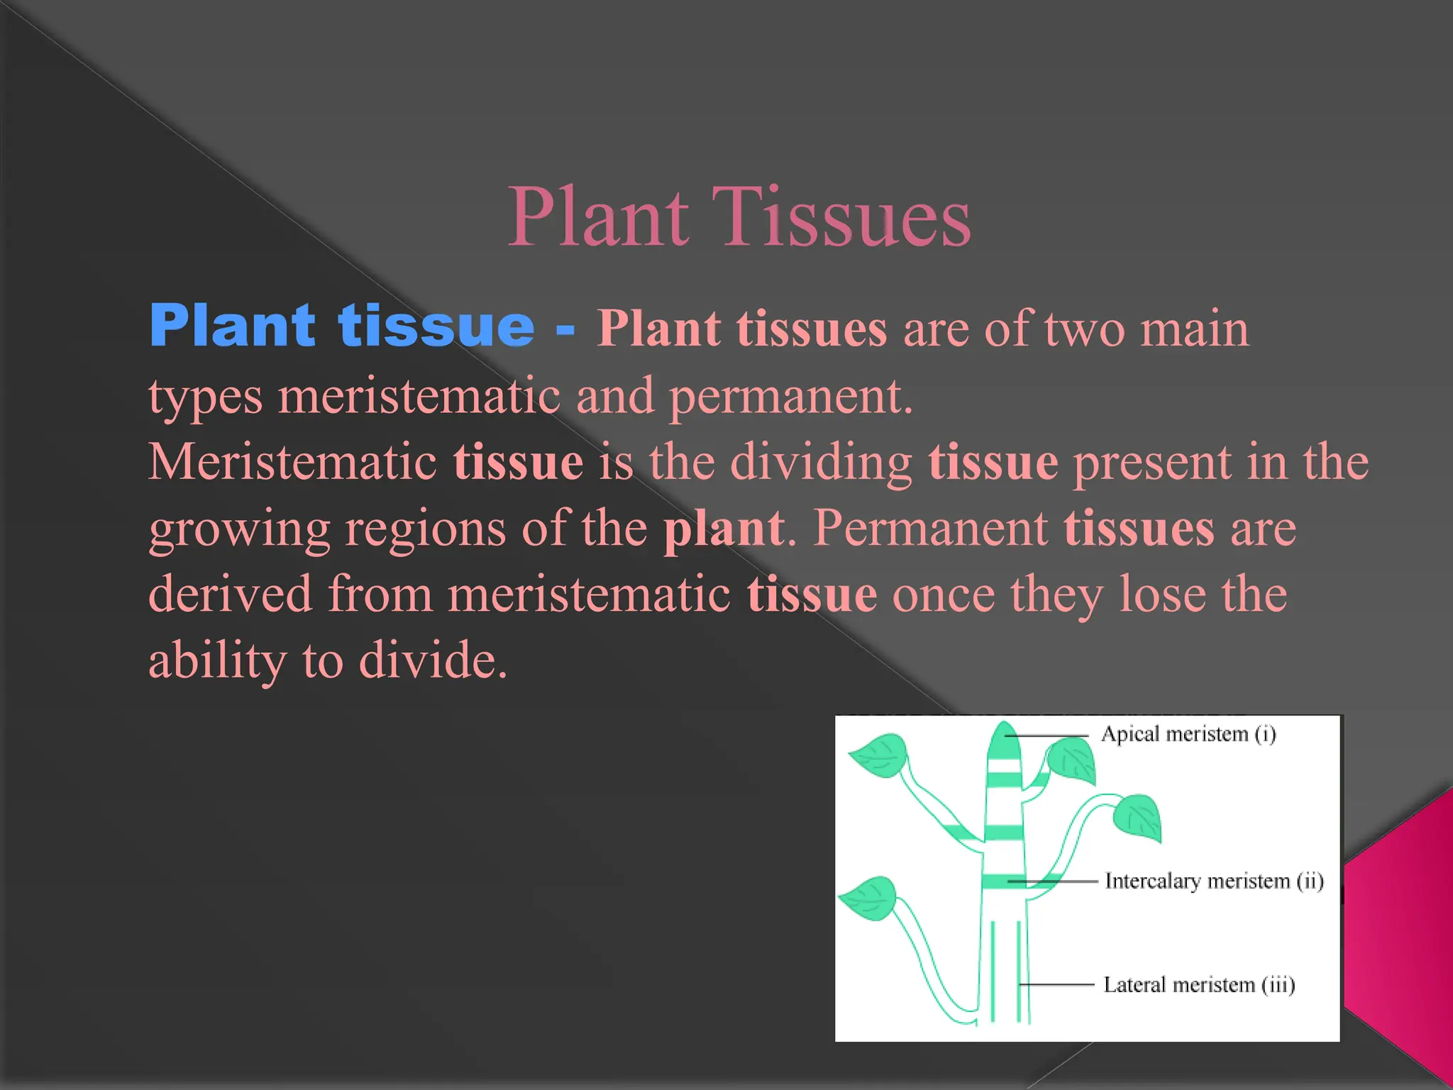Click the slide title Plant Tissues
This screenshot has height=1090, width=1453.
point(739,216)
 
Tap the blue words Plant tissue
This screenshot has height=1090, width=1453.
point(341,326)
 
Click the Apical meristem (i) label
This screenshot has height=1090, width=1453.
point(1188,734)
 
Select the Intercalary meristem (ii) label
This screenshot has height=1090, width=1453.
point(1214,881)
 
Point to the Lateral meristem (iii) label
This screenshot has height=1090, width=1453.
point(1199,985)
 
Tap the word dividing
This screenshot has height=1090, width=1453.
point(821,462)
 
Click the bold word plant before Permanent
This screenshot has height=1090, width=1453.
point(724,529)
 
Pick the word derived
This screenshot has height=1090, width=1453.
point(230,594)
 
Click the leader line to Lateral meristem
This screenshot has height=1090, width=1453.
point(1057,985)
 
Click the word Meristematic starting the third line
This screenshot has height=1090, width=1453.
point(292,462)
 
